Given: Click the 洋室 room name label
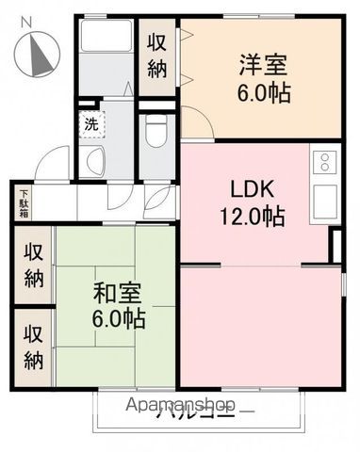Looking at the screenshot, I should pos(260,66).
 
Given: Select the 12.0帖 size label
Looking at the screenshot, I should pos(254,215).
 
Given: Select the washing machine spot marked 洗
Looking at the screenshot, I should pos(90,123).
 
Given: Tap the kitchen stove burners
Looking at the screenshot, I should pos(323,162).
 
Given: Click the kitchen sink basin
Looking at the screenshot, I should pos(323,199).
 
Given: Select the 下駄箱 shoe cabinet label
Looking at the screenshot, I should pos(22,202).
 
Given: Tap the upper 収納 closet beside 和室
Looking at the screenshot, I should pos(33,266).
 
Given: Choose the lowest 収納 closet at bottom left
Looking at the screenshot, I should pos(33,347).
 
